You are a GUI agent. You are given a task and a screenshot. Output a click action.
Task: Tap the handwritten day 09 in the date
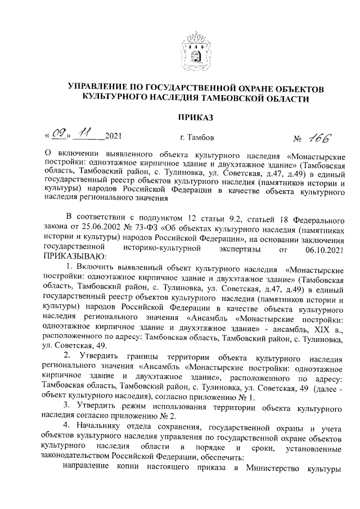[x=58, y=135]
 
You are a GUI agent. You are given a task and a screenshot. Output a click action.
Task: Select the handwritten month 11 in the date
[x=85, y=134]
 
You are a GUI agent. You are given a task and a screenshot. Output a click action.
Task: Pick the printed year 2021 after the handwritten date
[x=113, y=137]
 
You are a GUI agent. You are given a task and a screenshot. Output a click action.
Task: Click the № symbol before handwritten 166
[x=299, y=137]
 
